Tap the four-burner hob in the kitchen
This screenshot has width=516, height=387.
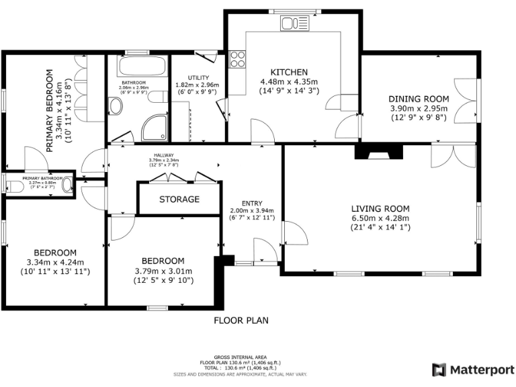tap(238, 59)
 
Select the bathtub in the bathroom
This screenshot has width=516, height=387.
tap(142, 67)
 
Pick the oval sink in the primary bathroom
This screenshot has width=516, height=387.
tap(67, 185)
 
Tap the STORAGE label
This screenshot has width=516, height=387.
tap(179, 200)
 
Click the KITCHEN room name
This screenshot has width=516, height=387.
tap(289, 73)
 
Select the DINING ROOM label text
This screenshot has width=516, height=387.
tap(419, 98)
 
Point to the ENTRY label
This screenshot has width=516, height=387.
tap(252, 204)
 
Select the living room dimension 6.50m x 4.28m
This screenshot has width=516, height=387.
tap(380, 218)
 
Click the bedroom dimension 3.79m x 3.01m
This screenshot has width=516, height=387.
tap(163, 271)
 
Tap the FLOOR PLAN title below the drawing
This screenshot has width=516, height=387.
tap(241, 320)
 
